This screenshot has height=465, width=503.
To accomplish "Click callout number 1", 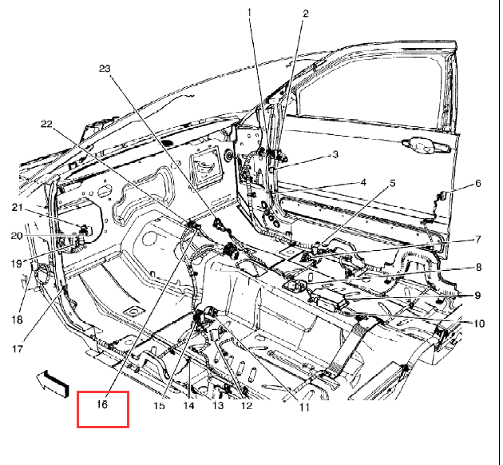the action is pos(249,13).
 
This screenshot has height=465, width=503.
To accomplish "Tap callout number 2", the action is pos(305,14).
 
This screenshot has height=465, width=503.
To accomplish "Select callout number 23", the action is pos(105,69).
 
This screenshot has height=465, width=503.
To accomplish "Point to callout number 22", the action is pos(46,124).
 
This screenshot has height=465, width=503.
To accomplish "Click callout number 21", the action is pos(17,208).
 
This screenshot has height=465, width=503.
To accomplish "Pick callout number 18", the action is pos(17,320).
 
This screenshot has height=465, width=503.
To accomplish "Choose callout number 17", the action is pos(18,348).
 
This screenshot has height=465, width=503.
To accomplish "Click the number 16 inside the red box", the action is pos(101,404).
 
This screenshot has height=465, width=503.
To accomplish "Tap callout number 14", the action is pos(189,406).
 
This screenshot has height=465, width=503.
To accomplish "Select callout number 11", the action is pos(304,407).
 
